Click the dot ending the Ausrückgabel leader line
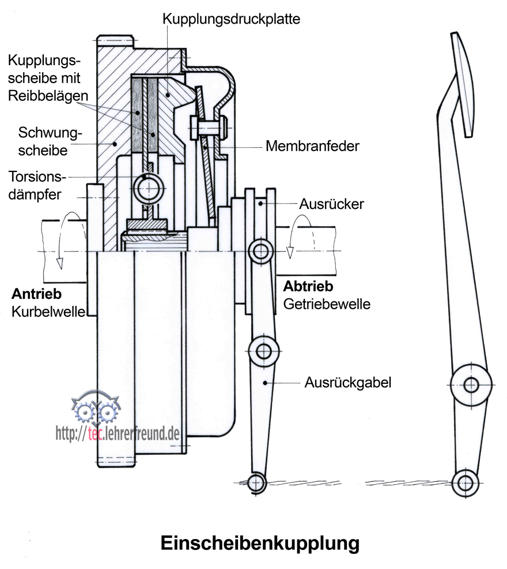click(x=265, y=383)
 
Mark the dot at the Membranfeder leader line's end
click(x=205, y=147)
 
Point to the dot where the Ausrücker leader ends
click(x=260, y=204)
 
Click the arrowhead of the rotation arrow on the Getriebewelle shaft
click(x=290, y=253)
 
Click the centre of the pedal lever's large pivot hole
click(x=471, y=385)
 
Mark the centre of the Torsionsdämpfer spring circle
click(x=149, y=189)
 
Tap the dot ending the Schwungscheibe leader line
click(x=115, y=144)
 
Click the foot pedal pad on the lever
click(x=463, y=85)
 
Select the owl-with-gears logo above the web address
click(x=96, y=408)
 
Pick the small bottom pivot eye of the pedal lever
click(x=466, y=483)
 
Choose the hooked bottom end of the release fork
click(x=256, y=483)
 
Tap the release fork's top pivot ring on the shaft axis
click(x=261, y=251)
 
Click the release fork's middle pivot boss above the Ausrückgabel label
click(x=264, y=351)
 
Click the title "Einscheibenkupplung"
click(x=260, y=544)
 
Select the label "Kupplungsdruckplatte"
click(x=231, y=19)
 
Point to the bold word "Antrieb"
click(x=37, y=294)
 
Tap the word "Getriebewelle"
click(x=327, y=304)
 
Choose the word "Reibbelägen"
click(x=48, y=96)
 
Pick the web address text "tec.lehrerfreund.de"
click(x=134, y=433)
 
